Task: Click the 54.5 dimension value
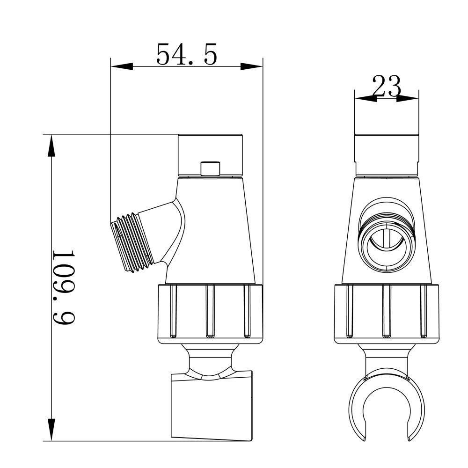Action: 186,54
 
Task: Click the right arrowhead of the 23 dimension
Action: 409,98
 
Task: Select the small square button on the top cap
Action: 210,168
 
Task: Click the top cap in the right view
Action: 386,154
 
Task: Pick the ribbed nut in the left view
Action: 210,314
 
